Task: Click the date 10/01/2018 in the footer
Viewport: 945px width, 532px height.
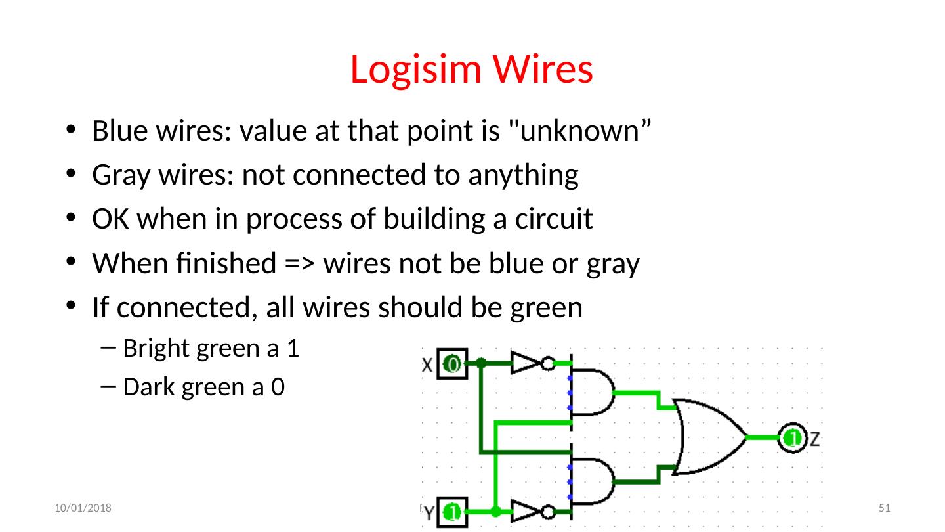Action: coord(83,508)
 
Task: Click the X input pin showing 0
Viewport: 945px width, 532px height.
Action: coord(452,363)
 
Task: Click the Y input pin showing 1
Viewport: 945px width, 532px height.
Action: coord(452,511)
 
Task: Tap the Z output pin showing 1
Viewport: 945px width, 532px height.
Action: coord(793,437)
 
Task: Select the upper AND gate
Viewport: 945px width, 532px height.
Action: coord(593,392)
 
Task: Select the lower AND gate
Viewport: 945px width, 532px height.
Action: coord(593,481)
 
